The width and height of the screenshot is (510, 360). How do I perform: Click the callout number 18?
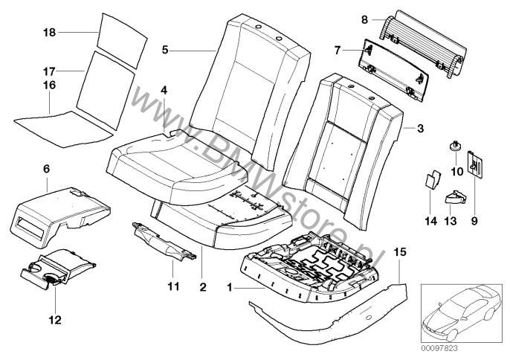pyautogui.click(x=49, y=33)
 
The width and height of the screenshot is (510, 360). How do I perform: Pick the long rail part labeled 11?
pyautogui.click(x=164, y=242)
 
